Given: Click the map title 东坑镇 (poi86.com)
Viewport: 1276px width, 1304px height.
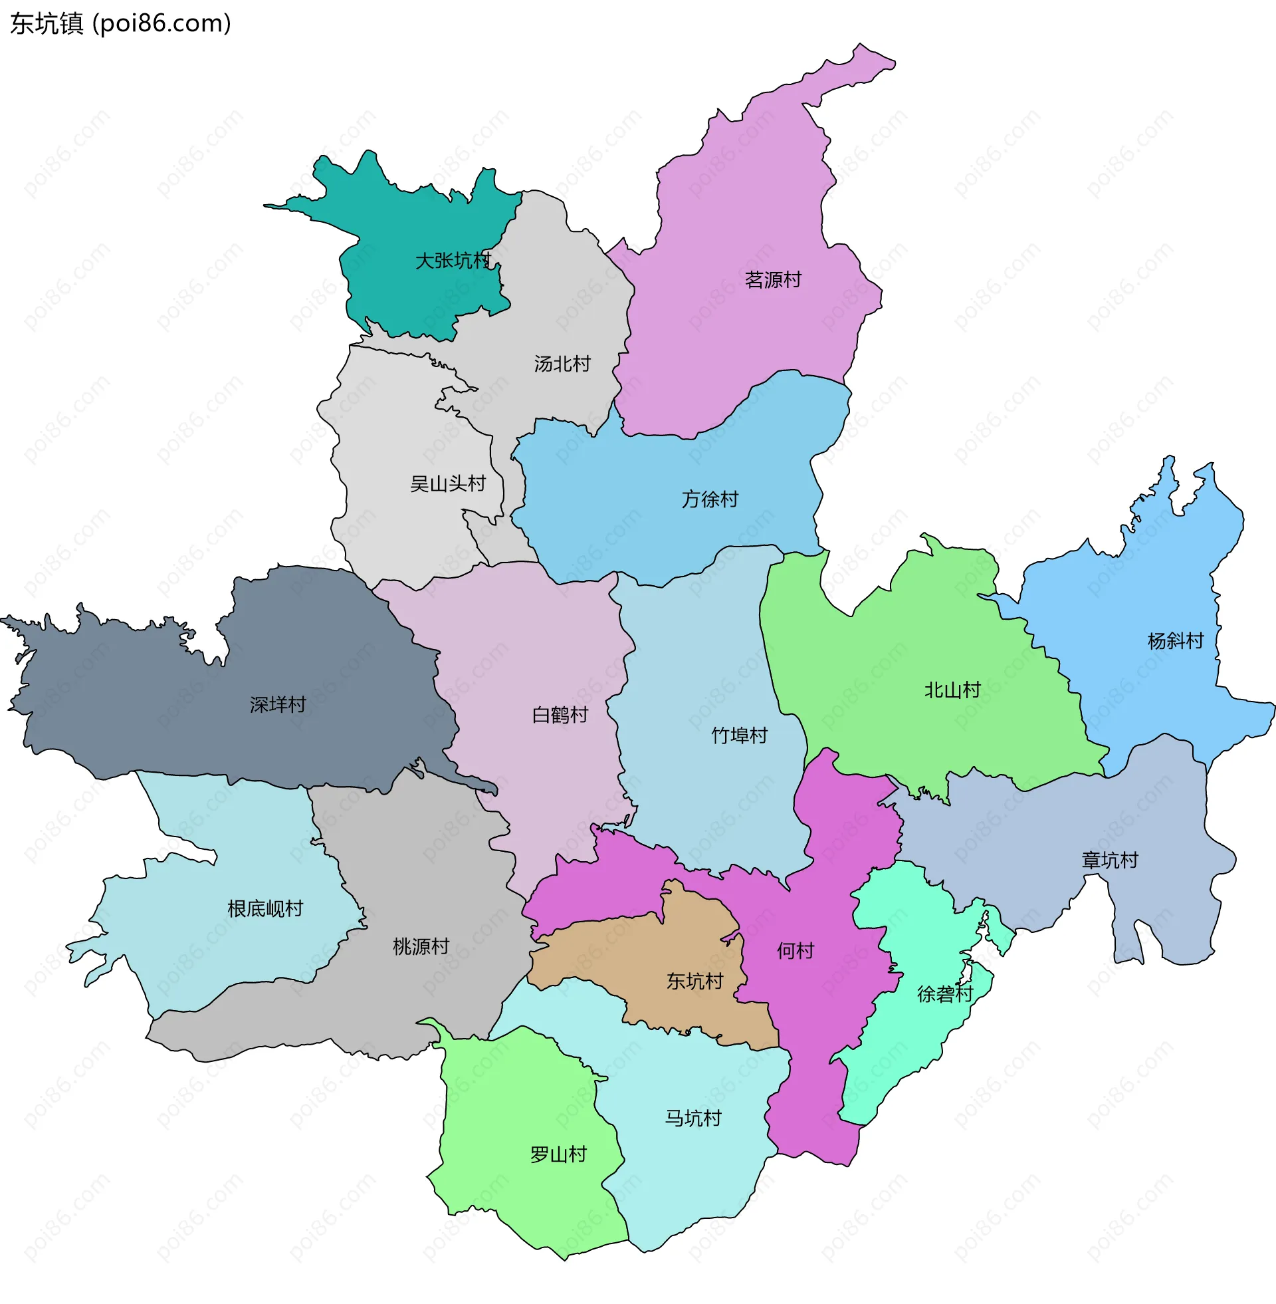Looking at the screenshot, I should (x=121, y=23).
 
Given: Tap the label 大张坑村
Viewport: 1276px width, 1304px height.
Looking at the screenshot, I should (x=453, y=260).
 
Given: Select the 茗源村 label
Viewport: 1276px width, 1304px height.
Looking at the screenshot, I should (x=773, y=279).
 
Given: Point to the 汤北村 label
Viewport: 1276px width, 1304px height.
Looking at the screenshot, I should (x=562, y=363).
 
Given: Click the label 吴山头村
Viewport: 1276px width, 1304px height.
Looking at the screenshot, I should (x=448, y=483).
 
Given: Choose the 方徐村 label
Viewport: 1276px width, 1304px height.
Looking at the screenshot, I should (x=710, y=499).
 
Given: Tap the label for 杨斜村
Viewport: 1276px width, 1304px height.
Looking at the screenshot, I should (x=1176, y=640).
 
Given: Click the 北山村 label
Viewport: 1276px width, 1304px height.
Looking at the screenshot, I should (x=952, y=690).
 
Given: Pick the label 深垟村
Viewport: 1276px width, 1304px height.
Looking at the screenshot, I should (x=277, y=704).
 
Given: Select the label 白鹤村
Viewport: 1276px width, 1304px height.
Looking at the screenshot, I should (x=560, y=715).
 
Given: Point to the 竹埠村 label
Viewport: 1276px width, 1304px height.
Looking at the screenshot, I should (x=739, y=735).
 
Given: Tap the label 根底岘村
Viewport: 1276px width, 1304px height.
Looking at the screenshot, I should (x=265, y=908).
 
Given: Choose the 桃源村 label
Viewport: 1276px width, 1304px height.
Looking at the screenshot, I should (x=420, y=947).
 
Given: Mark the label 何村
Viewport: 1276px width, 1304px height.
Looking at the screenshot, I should (x=796, y=950).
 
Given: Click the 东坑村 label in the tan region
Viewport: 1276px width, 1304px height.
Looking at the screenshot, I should (x=694, y=981).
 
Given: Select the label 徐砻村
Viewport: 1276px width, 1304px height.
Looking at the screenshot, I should (x=944, y=993).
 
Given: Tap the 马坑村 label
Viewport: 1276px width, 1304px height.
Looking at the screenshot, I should (x=693, y=1118).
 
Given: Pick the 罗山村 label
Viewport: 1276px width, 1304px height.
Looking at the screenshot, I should (x=558, y=1154).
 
